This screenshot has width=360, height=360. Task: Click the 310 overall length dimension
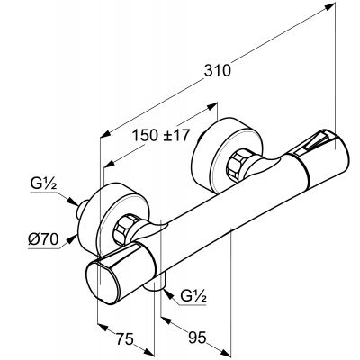(218, 71)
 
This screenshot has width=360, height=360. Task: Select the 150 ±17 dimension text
(161, 135)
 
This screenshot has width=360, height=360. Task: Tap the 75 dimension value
(124, 339)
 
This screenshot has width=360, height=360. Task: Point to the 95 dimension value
(198, 337)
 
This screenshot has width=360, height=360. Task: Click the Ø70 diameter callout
(43, 239)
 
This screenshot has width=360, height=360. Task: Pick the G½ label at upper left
(43, 184)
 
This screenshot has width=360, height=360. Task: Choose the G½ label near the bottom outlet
(193, 296)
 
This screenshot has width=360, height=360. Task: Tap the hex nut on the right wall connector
(237, 165)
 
